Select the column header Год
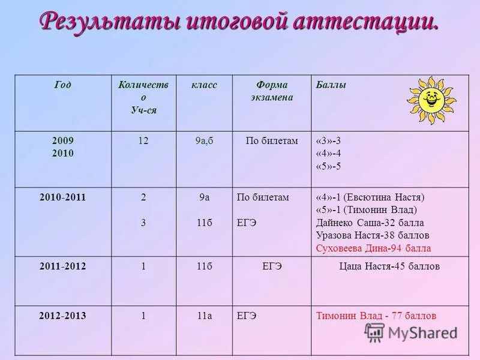(x=62, y=85)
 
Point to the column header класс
(x=204, y=85)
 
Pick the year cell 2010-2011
(x=62, y=197)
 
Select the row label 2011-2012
(x=62, y=266)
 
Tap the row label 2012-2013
(x=62, y=316)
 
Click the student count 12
(x=143, y=141)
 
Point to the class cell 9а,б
(x=204, y=141)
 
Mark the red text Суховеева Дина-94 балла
(x=373, y=248)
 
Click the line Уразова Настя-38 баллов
(x=373, y=235)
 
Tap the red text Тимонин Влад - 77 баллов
(x=376, y=316)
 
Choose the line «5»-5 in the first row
(x=328, y=166)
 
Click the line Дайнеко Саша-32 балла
(x=370, y=223)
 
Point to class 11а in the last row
(x=204, y=316)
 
